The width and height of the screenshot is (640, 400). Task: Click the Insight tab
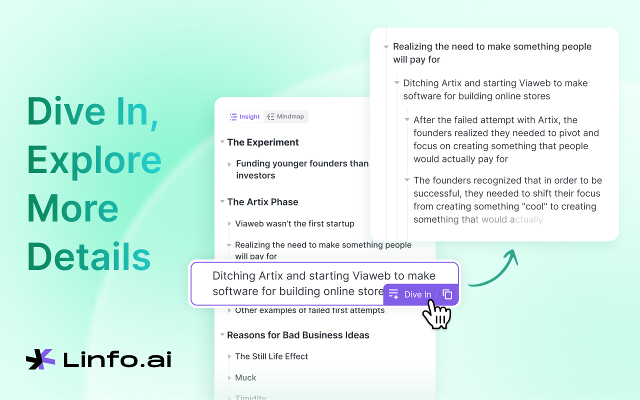click(x=244, y=116)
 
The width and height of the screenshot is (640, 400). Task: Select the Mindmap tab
click(x=285, y=116)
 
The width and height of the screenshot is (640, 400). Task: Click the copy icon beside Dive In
click(x=447, y=294)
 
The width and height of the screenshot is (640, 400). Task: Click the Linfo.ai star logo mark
click(x=40, y=359)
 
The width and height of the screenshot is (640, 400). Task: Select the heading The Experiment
click(x=263, y=142)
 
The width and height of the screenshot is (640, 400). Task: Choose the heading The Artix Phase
click(x=262, y=202)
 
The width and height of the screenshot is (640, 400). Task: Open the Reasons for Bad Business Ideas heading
click(x=298, y=335)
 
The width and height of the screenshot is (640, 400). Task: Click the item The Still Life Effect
click(x=271, y=356)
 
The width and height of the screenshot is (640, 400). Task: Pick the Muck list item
click(x=245, y=378)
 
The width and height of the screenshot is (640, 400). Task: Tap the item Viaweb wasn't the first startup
click(x=294, y=223)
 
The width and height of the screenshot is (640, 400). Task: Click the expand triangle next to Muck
click(x=229, y=378)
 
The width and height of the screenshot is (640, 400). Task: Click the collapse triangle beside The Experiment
click(x=222, y=142)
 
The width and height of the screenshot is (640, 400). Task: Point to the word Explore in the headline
click(x=94, y=160)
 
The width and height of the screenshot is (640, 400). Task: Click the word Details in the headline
click(x=89, y=256)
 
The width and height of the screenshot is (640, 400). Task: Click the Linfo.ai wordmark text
click(x=117, y=359)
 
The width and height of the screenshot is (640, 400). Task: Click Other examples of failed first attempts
click(x=310, y=310)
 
